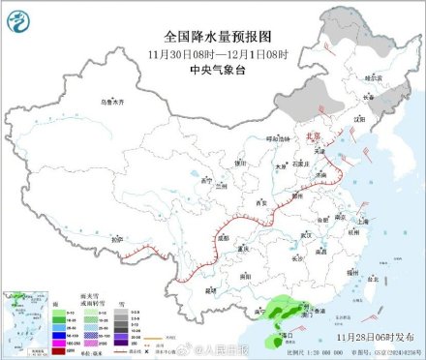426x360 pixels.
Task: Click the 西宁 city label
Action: (x=203, y=181)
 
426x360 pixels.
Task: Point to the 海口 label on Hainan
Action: (x=288, y=334)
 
